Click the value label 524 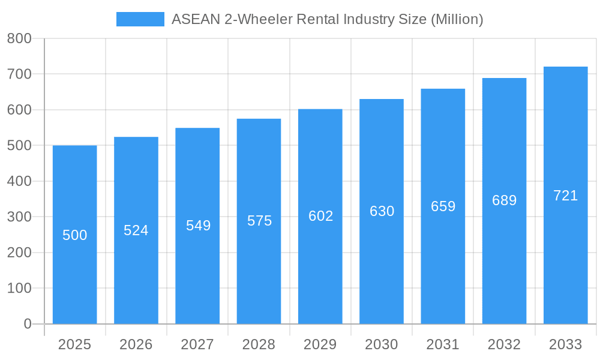[x=136, y=230]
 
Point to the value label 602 [x=320, y=216]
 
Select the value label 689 [x=504, y=200]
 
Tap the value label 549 [x=198, y=226]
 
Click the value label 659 [x=443, y=206]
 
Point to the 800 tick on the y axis [x=19, y=39]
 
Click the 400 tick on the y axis [x=19, y=181]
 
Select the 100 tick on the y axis [x=19, y=288]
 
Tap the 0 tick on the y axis [x=28, y=324]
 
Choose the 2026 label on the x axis [x=136, y=344]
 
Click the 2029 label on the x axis [x=320, y=344]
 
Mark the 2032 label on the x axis [x=504, y=344]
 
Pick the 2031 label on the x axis [x=443, y=344]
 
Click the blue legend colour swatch [x=140, y=19]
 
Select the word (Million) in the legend [x=457, y=19]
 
